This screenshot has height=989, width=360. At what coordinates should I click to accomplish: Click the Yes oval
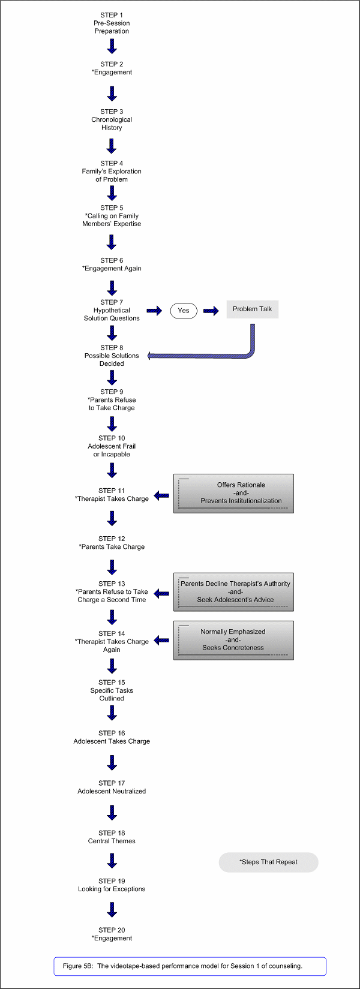coord(184,311)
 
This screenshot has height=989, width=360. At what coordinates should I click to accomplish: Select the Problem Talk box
coord(252,309)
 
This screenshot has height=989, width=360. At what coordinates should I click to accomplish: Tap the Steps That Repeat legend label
coord(269,862)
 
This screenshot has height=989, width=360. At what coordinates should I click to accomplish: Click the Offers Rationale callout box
coord(233,493)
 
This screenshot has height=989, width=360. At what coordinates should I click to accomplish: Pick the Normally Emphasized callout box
coord(233,640)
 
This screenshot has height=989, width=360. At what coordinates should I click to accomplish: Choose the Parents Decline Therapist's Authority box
coord(233,591)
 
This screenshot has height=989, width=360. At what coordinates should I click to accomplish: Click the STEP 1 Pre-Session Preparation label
coord(112,23)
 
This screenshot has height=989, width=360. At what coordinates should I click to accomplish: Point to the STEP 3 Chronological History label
coord(112,119)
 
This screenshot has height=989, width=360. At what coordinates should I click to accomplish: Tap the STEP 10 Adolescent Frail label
coord(112,446)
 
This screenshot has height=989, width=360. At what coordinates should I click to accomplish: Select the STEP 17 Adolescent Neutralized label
coord(112,787)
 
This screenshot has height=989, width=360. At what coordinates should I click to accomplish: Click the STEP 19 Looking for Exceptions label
coord(112,885)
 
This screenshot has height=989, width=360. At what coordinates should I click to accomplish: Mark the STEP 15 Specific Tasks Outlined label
coord(112,690)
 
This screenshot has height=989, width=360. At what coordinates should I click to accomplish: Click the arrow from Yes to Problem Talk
coord(211,311)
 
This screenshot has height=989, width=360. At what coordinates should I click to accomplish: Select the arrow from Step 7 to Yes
coord(154,311)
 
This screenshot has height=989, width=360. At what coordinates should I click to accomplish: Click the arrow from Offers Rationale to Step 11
coord(161,495)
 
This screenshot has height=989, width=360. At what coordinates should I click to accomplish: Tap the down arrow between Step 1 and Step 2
coord(112,46)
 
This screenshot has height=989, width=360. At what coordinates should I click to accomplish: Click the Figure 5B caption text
coord(182,966)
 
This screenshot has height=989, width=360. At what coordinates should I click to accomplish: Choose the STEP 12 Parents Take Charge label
coord(112,543)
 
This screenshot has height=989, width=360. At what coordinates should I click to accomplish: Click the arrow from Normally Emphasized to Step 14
coord(161,640)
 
